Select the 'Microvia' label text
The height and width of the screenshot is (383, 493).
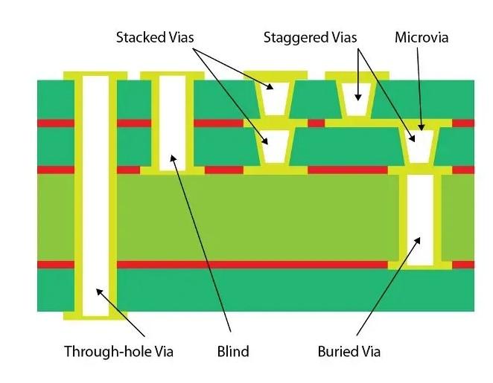[x=422, y=36]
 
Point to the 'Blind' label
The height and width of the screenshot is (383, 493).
[x=232, y=351]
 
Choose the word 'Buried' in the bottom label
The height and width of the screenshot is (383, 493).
[x=338, y=351]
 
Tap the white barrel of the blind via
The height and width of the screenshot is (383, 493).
[x=172, y=123]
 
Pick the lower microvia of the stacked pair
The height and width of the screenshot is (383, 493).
[x=275, y=147]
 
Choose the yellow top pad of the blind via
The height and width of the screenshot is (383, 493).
[x=172, y=74]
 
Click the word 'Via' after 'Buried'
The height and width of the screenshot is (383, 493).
[x=369, y=351]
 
